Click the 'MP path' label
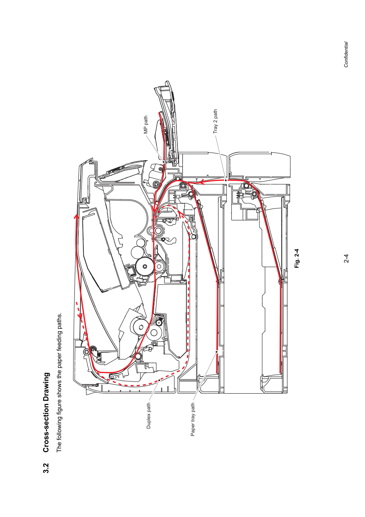click(146, 125)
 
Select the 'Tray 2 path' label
click(215, 121)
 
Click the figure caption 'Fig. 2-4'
click(297, 258)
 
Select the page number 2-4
click(346, 258)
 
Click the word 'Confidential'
click(346, 54)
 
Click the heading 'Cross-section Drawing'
click(46, 412)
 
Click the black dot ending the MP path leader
click(164, 162)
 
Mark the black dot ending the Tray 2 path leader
click(226, 180)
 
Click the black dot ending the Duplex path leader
click(159, 380)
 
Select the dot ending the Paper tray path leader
click(217, 352)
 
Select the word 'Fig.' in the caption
click(297, 264)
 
